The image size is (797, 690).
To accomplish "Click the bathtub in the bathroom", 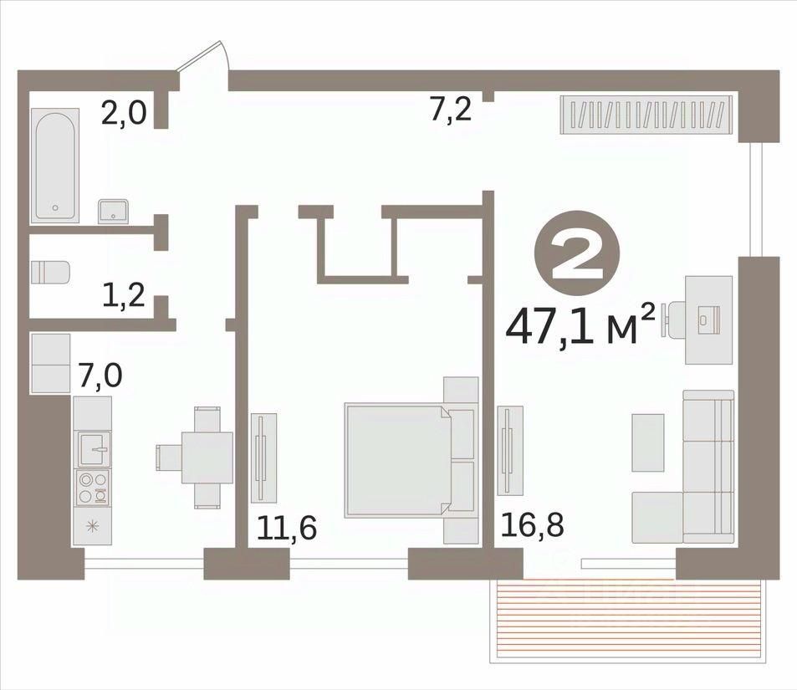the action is [55, 166].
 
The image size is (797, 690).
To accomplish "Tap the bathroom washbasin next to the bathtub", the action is [113, 212].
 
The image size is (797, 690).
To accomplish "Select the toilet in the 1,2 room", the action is [50, 272].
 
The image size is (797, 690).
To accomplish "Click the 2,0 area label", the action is [124, 113].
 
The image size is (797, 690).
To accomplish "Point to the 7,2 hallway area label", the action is [451, 110].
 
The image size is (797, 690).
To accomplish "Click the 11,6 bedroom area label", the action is [287, 527].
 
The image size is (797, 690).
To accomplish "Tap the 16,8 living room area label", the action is [532, 524].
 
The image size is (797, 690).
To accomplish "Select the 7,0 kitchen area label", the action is [100, 376].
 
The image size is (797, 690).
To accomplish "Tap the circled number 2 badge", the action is [577, 253].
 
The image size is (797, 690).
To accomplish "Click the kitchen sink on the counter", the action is [93, 449].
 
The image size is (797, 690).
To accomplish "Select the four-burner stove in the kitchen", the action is [93, 487].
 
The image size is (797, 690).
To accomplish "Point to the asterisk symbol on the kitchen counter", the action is [93, 526].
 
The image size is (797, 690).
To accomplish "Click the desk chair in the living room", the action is [673, 319].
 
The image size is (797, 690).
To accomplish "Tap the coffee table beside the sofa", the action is [648, 442].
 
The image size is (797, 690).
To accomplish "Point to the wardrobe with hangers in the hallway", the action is [646, 115].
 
